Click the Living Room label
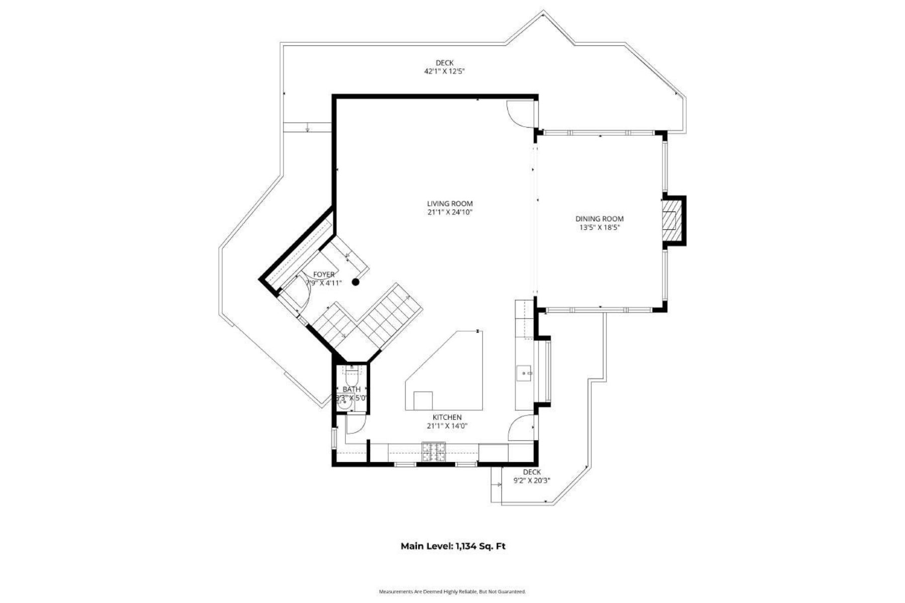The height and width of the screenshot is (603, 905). click(x=449, y=204)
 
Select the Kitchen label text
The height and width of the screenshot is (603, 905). click(x=447, y=418)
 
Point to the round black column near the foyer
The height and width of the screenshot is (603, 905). click(x=355, y=282)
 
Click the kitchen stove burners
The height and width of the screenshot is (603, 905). click(x=433, y=451)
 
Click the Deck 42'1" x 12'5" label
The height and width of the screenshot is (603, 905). click(x=444, y=67)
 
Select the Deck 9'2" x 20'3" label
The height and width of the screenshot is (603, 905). click(x=531, y=476)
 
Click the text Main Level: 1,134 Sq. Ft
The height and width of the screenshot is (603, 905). click(x=452, y=546)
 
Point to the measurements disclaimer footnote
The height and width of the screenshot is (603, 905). click(x=452, y=592)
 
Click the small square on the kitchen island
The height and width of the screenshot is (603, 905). click(x=423, y=400)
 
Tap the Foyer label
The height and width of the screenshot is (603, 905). click(x=324, y=274)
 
